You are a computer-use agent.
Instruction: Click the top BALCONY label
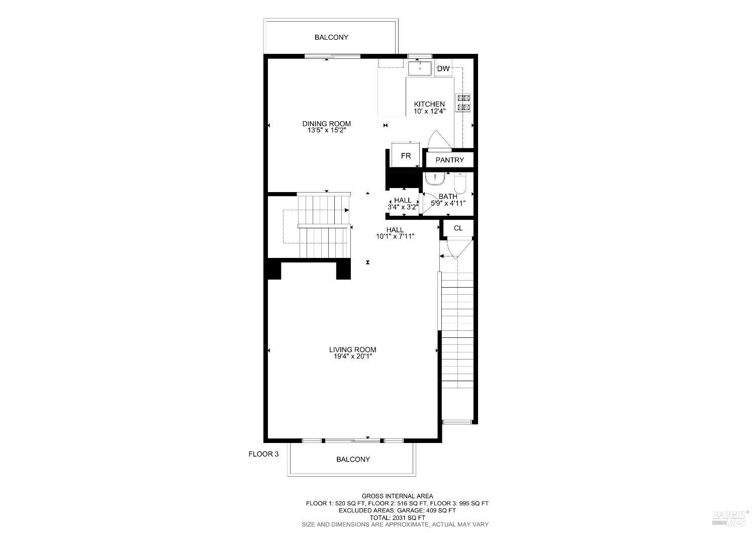coord(331,37)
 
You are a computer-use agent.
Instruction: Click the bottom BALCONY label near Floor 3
coord(353,459)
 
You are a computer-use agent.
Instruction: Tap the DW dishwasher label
coord(443,69)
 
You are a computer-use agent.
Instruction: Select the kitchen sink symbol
coord(419,68)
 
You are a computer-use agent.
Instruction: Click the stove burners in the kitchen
coord(463,102)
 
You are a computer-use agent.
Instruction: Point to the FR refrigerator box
coord(406,156)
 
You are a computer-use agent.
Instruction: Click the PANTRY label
coord(450,160)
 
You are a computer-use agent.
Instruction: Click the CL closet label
coord(458,228)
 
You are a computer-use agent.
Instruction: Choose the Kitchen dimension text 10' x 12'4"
coord(429,111)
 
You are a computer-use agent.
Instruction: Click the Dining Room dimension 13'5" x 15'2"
coord(326,130)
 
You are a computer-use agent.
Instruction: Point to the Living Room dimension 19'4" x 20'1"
coord(352,357)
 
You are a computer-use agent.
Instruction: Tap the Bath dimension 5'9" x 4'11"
coord(448,203)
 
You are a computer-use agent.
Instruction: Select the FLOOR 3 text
coord(263,454)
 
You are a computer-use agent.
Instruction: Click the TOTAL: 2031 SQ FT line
coord(397,517)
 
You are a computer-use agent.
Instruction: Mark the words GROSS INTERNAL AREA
coord(397,496)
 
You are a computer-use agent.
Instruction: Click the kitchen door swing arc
coord(435,138)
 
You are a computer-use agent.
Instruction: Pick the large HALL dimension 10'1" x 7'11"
coord(395,236)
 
